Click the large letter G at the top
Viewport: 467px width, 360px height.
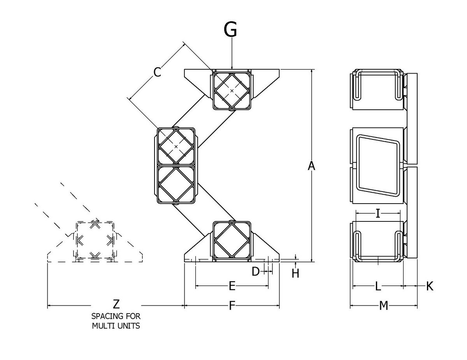230,30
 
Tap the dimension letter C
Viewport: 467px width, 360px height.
157,72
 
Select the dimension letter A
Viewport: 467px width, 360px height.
311,166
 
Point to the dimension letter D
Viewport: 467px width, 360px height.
256,271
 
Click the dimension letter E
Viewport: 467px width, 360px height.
232,286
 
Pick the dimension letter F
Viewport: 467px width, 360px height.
232,306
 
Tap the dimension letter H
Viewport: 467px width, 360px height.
295,274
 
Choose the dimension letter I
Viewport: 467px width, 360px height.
378,213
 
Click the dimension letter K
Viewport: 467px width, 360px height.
430,286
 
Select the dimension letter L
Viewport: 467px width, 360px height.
378,286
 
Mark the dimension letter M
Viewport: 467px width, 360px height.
384,306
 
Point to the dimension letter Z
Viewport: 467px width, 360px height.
116,304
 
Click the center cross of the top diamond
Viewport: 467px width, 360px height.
232,91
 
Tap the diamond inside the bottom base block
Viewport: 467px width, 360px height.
232,240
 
